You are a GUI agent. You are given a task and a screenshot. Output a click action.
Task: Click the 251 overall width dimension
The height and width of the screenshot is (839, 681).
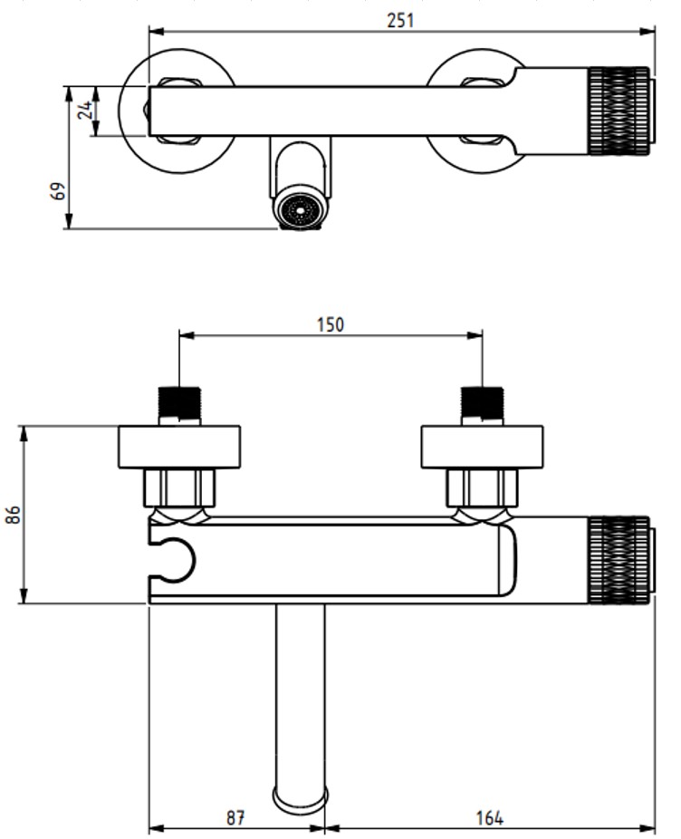click(x=400, y=20)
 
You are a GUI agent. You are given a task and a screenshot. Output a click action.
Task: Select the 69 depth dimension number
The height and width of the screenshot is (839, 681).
click(x=59, y=192)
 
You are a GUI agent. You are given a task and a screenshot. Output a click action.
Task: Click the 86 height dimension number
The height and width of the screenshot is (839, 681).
click(x=13, y=515)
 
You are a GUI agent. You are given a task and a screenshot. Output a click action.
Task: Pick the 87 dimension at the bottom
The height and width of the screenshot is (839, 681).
click(x=235, y=817)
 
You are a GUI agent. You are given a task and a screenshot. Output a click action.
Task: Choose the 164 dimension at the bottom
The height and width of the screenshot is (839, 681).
click(x=489, y=817)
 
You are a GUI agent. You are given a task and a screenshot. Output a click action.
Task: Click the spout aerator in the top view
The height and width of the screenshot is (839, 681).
click(x=299, y=210)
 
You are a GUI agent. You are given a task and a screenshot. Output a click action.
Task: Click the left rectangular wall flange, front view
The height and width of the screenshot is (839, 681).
click(x=179, y=447)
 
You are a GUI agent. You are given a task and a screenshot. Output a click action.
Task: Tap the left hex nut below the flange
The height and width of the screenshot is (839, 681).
click(x=179, y=488)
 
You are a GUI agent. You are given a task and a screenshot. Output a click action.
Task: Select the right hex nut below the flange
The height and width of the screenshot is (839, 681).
click(x=482, y=488)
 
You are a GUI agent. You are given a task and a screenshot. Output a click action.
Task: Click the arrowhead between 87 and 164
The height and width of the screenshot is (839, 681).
click(x=324, y=827)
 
